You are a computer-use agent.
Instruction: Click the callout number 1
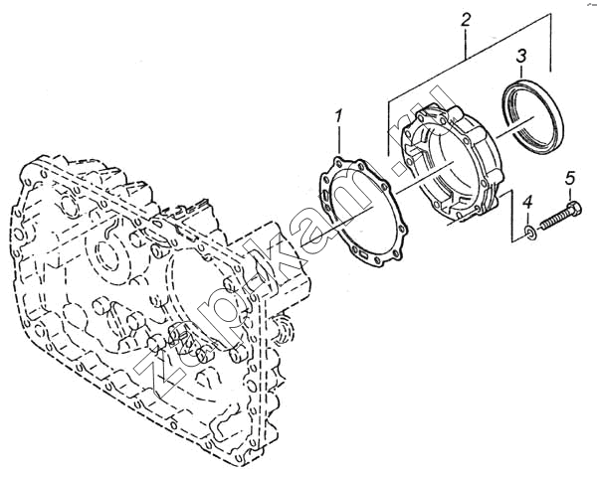point(338,116)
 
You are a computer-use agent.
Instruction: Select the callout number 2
point(466,19)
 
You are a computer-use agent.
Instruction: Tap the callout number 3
point(520,56)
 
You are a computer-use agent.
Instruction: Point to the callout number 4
point(527,203)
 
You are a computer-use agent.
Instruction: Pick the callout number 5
point(569,178)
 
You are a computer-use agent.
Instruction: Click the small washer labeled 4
point(530,233)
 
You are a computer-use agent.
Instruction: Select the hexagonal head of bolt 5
point(573,211)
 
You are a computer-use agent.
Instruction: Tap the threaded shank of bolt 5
point(554,221)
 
